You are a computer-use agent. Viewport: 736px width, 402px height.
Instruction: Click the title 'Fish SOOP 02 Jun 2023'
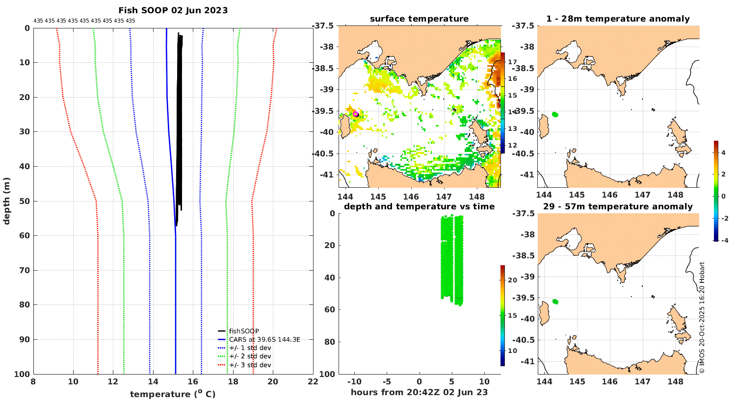point(173,10)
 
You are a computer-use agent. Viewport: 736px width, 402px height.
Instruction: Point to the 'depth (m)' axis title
point(6,201)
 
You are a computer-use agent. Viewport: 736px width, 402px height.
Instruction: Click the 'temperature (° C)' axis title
point(173,394)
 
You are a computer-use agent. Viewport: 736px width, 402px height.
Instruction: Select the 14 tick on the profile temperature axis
point(153,381)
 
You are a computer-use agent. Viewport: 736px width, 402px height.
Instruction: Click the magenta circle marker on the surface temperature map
point(356,114)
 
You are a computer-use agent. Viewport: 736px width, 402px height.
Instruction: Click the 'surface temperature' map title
point(419,19)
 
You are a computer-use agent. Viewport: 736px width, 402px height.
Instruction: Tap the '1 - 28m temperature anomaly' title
point(618,19)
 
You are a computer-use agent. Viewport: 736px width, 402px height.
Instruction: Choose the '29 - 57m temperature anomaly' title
point(618,206)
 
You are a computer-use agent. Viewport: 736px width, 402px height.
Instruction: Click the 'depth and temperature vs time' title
point(419,206)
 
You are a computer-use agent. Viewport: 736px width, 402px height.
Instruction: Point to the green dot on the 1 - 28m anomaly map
point(555,115)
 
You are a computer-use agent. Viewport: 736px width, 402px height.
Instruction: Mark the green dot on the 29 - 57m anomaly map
point(555,301)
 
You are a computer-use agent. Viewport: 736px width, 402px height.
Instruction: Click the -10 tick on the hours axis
point(354,381)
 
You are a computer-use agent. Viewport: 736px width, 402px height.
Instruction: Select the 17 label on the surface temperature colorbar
point(512,62)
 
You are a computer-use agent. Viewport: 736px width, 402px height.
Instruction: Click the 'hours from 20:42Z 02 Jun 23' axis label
point(419,392)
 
